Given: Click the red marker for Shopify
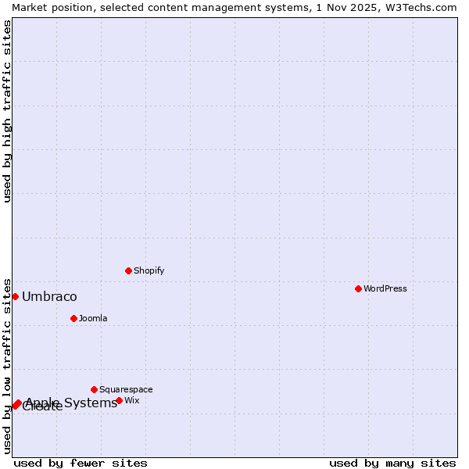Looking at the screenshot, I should click(x=128, y=270).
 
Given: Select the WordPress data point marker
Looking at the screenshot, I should click(x=358, y=288).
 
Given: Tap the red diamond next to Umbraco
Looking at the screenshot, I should click(x=15, y=296).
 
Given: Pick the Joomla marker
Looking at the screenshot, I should click(x=73, y=318).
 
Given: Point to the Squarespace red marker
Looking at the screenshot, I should click(x=94, y=389).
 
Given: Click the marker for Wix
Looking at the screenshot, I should click(x=119, y=400).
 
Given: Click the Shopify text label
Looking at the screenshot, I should click(x=149, y=270).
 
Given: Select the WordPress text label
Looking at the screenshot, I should click(x=385, y=288).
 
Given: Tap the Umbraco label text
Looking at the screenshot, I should click(x=49, y=296).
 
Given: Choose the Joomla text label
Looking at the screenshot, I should click(x=93, y=318).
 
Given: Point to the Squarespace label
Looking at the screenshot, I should click(x=126, y=389).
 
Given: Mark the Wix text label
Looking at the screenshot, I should click(x=131, y=400).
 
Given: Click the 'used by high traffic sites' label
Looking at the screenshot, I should click(x=7, y=111).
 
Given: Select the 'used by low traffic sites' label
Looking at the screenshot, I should click(x=7, y=365).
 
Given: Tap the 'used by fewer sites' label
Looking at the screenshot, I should click(x=81, y=463).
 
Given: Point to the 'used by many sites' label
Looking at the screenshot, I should click(x=392, y=463).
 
